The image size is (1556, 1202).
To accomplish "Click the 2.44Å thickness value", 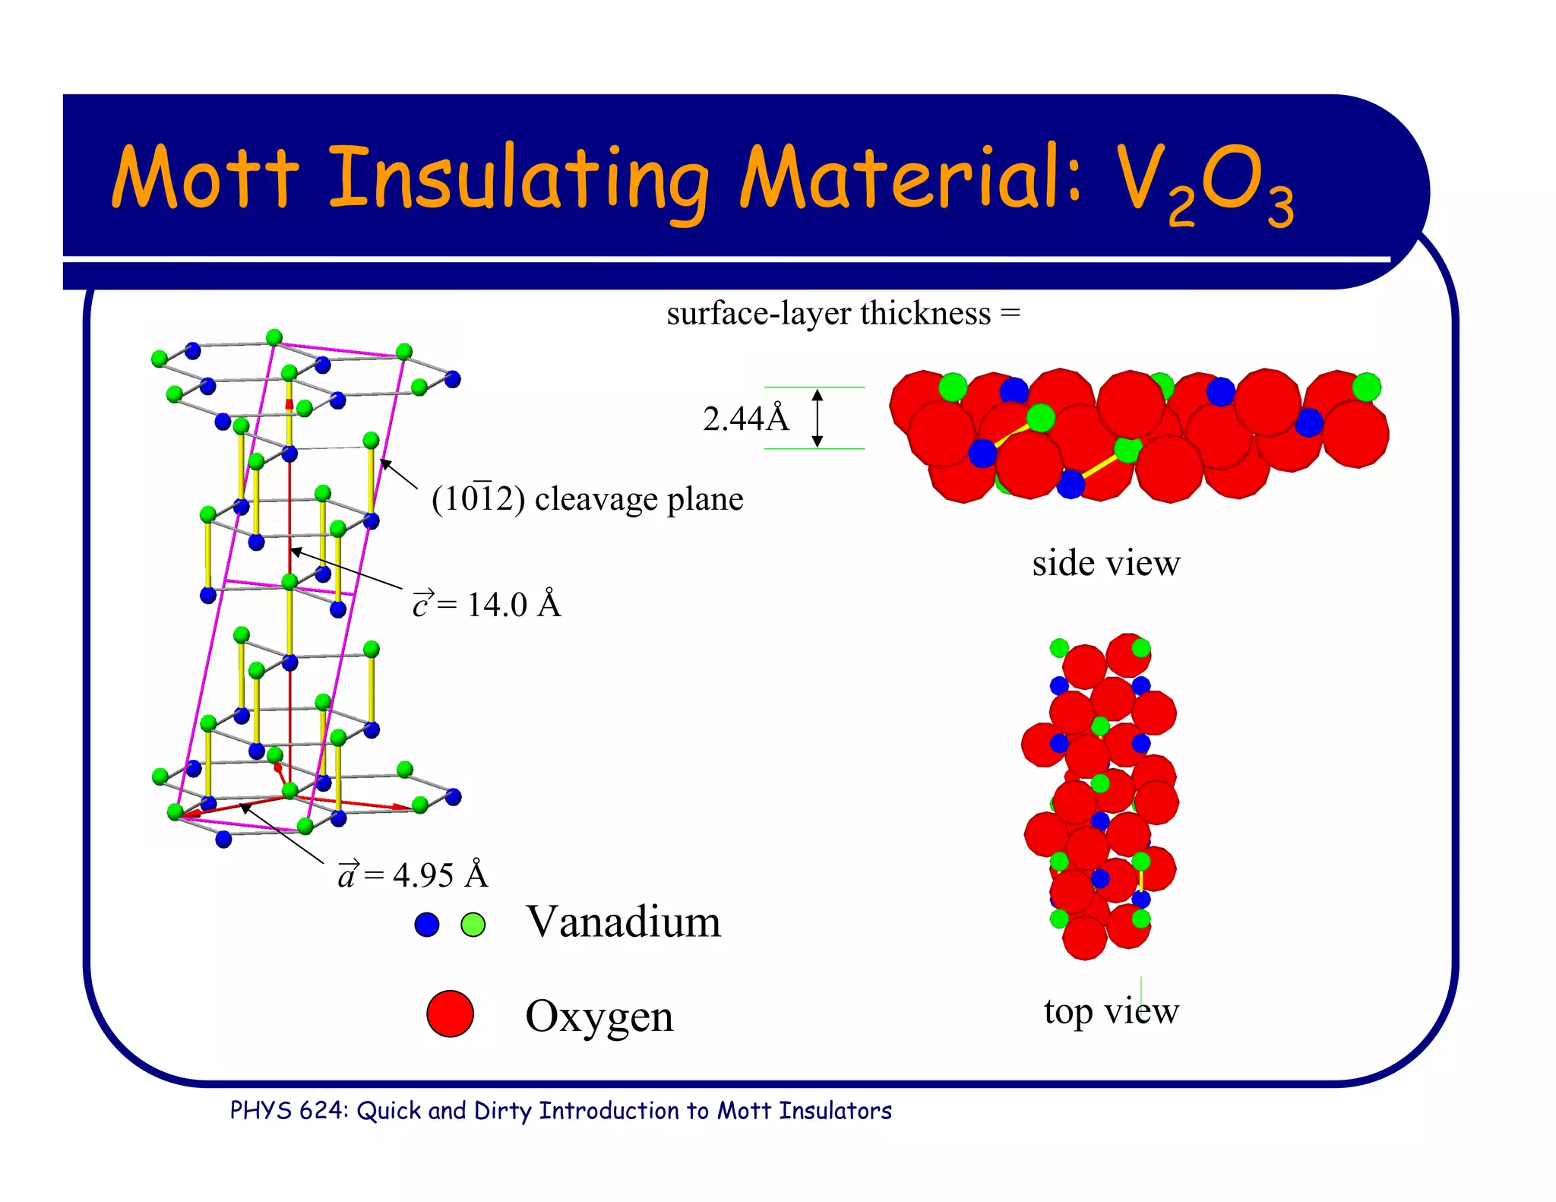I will pyautogui.click(x=745, y=419).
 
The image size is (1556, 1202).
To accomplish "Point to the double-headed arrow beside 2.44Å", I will pyautogui.click(x=818, y=418).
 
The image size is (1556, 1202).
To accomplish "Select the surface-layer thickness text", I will pyautogui.click(x=843, y=313).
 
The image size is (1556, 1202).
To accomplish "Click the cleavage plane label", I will pyautogui.click(x=587, y=499).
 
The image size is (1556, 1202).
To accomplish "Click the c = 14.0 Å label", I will pyautogui.click(x=486, y=605).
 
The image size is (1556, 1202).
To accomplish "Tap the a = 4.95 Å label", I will pyautogui.click(x=413, y=875).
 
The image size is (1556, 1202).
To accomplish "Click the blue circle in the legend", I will pyautogui.click(x=427, y=925).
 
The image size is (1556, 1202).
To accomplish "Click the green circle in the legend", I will pyautogui.click(x=473, y=925).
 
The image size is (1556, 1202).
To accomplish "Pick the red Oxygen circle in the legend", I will pyautogui.click(x=450, y=1014).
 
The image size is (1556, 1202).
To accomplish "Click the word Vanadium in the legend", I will pyautogui.click(x=623, y=922).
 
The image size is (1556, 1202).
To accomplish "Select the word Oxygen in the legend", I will pyautogui.click(x=599, y=1016).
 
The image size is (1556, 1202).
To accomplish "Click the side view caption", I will pyautogui.click(x=1105, y=564).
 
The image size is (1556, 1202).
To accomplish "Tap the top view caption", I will pyautogui.click(x=1111, y=1011).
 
